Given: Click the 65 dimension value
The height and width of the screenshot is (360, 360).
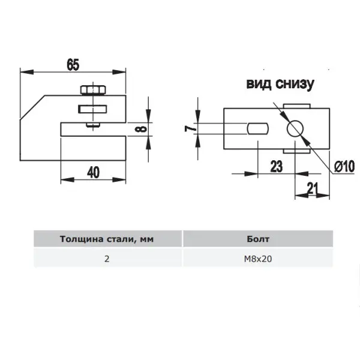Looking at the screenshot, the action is (73, 65).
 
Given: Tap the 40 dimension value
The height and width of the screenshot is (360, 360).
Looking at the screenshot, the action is (93, 172).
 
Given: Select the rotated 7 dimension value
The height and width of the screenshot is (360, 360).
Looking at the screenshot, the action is (190, 129).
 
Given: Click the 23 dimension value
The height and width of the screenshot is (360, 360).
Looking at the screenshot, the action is (276, 166).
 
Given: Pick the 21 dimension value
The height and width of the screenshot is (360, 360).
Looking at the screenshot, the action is (313, 188).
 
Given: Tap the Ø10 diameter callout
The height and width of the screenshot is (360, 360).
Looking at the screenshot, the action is (344, 166).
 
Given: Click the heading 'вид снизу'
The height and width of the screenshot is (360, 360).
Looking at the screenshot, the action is (280, 84).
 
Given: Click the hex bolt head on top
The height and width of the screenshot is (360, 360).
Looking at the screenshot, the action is (93, 90).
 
